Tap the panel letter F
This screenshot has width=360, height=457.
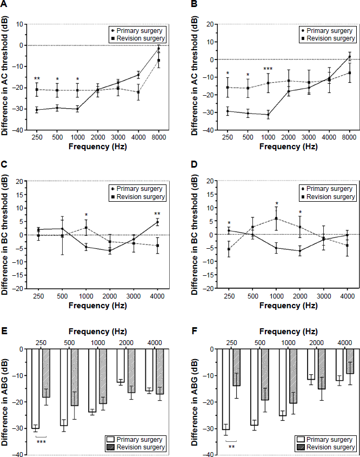(x=194, y=331)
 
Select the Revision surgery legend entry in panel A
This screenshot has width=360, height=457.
(x=138, y=38)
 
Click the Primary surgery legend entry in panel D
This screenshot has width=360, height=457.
(x=327, y=189)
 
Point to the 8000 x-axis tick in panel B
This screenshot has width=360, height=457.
(x=349, y=137)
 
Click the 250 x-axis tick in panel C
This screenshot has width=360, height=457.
(x=38, y=296)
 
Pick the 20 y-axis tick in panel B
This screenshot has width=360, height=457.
(x=210, y=24)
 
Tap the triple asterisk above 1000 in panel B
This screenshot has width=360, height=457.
(x=268, y=69)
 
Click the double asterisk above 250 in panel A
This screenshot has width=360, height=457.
(x=37, y=79)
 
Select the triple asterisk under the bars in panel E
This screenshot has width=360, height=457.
(x=41, y=442)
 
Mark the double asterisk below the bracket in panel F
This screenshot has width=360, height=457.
(x=231, y=447)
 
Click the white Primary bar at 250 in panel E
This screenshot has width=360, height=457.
(x=35, y=389)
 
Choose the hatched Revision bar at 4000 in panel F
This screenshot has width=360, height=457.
(x=350, y=361)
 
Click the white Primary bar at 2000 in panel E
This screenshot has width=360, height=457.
(x=121, y=366)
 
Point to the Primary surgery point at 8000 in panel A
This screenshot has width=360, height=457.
(x=159, y=48)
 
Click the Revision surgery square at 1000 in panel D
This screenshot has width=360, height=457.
(x=276, y=218)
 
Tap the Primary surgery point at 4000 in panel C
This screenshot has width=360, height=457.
(x=158, y=222)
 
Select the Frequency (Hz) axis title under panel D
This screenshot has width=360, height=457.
(x=288, y=306)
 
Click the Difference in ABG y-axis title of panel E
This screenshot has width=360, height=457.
(x=4, y=402)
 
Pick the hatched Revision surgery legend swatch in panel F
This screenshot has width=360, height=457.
(x=301, y=447)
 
